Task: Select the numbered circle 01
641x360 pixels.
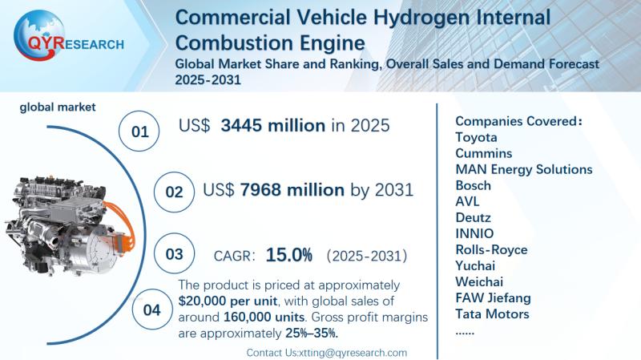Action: [x=139, y=131]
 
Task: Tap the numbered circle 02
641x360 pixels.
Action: [x=174, y=192]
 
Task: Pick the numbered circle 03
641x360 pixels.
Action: [x=174, y=256]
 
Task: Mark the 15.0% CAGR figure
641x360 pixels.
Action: [x=288, y=255]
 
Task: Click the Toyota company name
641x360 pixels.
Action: [x=475, y=137]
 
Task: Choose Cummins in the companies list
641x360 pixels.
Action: [x=483, y=153]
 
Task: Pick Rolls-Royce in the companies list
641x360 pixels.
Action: [x=491, y=249]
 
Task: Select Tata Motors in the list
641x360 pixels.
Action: [x=492, y=313]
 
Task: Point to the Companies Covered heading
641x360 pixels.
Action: [x=518, y=121]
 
